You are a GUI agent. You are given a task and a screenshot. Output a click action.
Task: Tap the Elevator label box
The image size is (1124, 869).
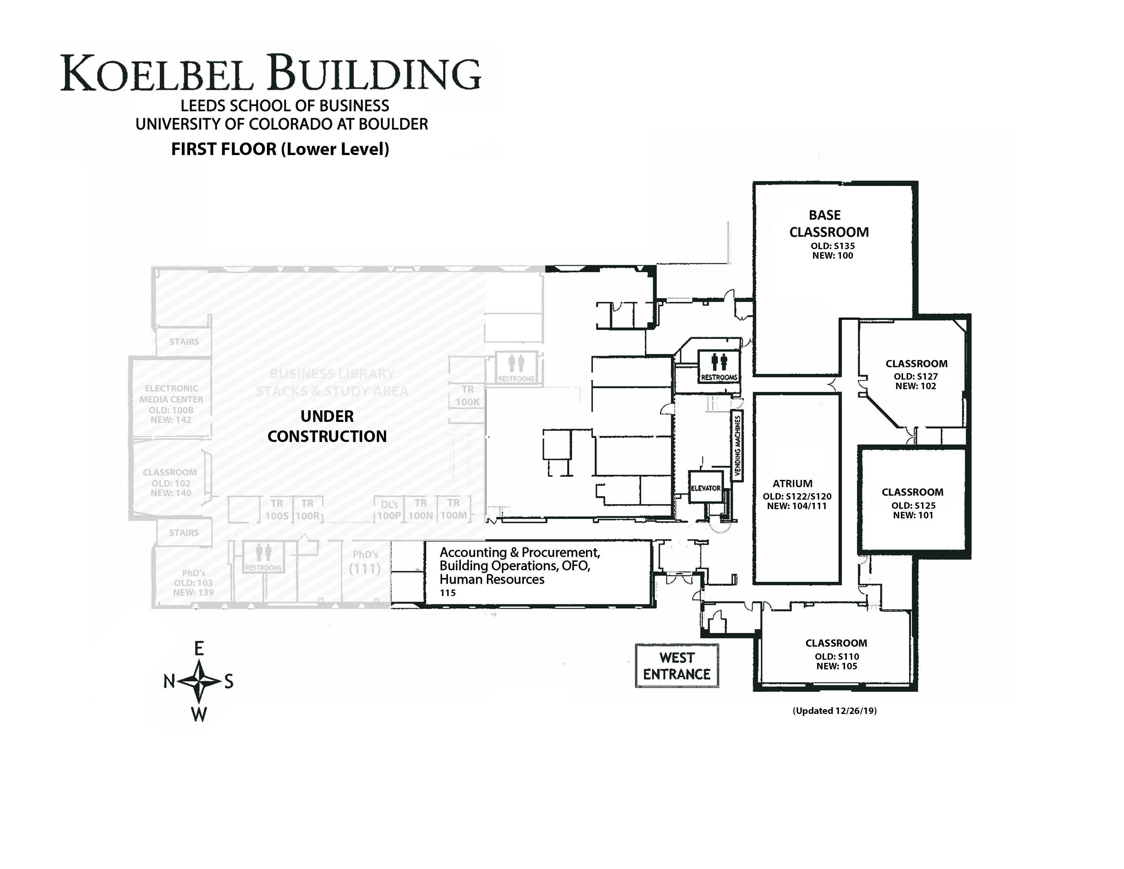tap(706, 488)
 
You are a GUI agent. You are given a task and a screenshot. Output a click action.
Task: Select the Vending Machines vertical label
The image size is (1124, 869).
tap(737, 446)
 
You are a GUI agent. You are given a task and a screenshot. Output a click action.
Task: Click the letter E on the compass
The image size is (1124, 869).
tap(199, 649)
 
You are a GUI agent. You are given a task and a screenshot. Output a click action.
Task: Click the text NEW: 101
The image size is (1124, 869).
tap(912, 515)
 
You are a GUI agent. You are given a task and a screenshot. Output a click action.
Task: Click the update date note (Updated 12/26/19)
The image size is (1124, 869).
tap(834, 711)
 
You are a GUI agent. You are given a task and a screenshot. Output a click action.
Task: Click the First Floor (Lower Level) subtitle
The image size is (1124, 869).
tap(280, 149)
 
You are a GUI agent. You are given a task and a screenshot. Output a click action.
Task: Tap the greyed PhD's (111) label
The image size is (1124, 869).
tap(365, 562)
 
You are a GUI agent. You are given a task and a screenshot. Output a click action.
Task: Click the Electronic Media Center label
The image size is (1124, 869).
tap(171, 394)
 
